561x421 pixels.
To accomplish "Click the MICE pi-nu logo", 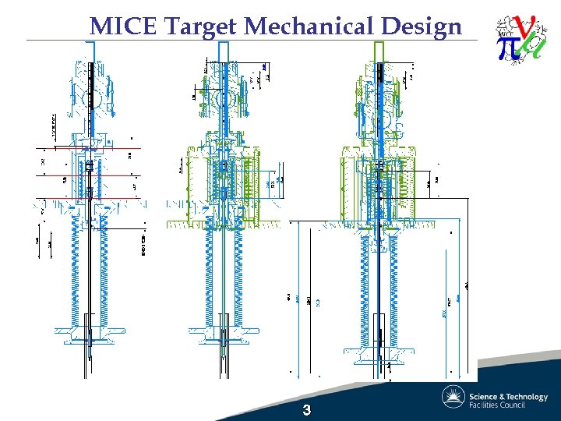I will tap(520, 40).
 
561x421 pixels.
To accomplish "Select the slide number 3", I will tap(307, 410).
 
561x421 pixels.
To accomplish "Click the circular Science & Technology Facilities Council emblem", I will tap(453, 398).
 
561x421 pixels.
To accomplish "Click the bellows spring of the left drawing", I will tap(91, 265).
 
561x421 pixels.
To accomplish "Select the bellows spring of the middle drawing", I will tap(224, 273).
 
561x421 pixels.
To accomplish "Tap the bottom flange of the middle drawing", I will tap(224, 336).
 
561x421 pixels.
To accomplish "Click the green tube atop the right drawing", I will tap(380, 51).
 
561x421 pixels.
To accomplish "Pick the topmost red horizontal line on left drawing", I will tap(90, 148).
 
